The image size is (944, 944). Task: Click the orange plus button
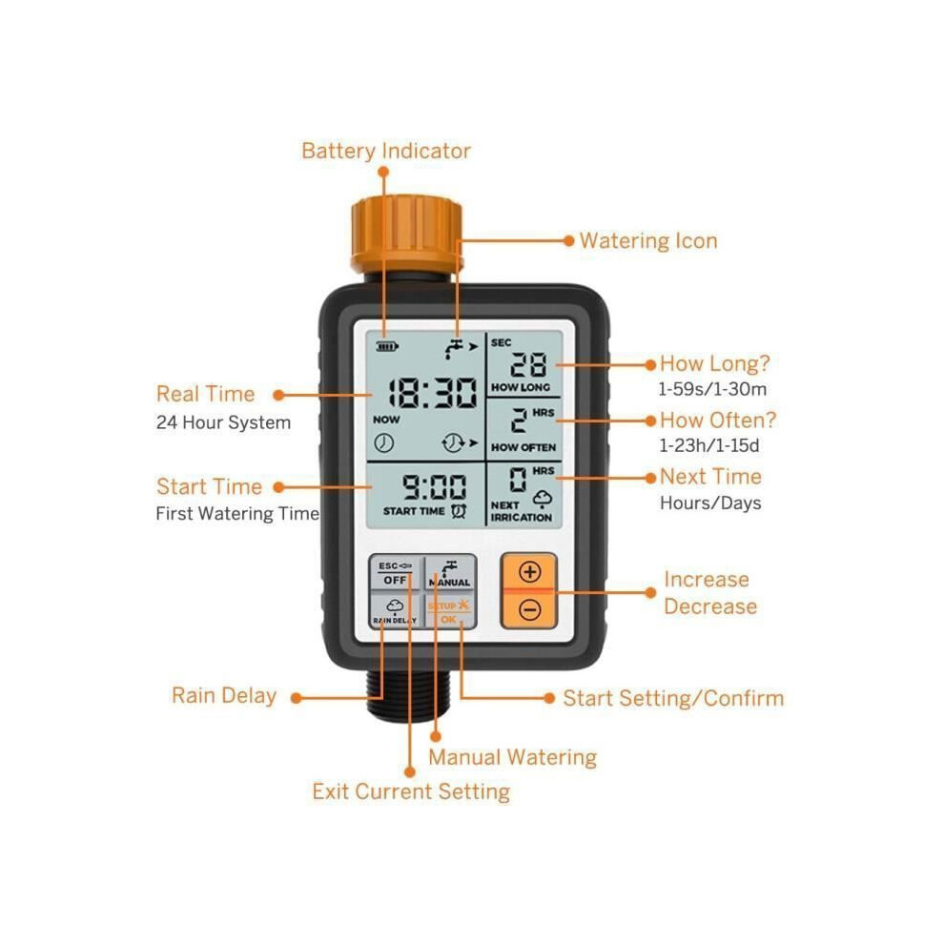coord(529,571)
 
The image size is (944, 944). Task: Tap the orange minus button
coord(529,610)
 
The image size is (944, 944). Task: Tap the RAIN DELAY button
coord(395,610)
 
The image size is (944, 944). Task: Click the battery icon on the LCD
coord(386,346)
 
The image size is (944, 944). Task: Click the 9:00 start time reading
coord(434,486)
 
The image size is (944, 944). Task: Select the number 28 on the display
coord(528,364)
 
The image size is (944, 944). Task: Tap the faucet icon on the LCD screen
coord(453,349)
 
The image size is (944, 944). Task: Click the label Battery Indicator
coord(386,151)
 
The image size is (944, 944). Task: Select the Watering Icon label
coord(648,241)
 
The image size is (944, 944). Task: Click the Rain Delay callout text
coord(224,695)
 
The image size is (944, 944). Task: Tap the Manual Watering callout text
coord(512,757)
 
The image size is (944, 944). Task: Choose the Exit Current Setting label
coord(411,791)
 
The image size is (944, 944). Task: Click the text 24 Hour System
coord(223,422)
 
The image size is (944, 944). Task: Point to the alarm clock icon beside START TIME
coord(459,510)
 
